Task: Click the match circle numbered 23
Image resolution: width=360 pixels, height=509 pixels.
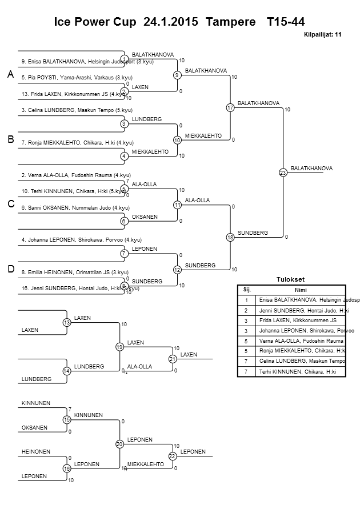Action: pos(282,173)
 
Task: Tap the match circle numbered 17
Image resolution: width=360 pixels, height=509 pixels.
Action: pos(230,107)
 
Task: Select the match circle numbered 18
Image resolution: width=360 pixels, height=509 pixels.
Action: pos(230,237)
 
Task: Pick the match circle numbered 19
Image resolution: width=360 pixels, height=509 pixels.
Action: pos(119,346)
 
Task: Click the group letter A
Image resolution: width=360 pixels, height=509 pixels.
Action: pos(10,75)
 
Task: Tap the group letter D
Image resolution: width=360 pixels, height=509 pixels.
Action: pos(10,269)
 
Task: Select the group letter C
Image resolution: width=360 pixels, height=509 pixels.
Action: pos(10,204)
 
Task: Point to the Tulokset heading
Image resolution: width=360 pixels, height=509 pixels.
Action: pos(291,279)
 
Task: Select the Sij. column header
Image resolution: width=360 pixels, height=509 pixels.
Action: pos(247,290)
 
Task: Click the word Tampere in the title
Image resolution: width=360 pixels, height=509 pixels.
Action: pos(231,22)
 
